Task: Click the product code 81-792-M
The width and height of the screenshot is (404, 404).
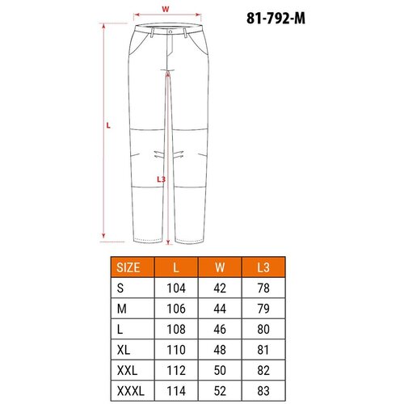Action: pos(276,19)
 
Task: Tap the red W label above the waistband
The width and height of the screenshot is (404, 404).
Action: pos(166,9)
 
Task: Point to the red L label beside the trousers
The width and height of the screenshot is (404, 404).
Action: pos(108,125)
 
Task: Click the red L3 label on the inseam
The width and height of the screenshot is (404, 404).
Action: pos(161,179)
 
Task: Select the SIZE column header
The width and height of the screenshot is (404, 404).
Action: pos(128,267)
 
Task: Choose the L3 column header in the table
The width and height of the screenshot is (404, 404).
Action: pos(263,267)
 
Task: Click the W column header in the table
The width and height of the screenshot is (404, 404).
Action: pos(220,267)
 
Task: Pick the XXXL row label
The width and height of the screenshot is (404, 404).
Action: pos(131,391)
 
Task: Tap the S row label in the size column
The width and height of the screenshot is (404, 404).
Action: pos(120,288)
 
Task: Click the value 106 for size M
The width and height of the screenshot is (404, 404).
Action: pos(176,309)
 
